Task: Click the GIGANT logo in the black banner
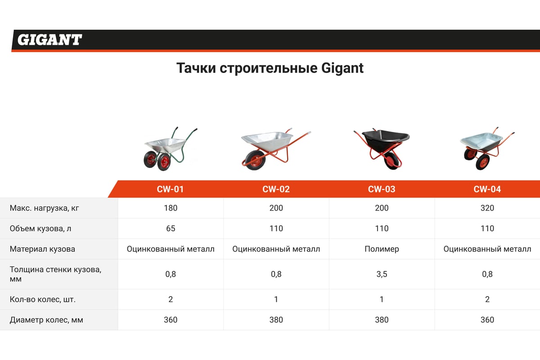tap(49, 40)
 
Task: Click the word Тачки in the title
tap(196, 68)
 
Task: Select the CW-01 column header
tap(170, 189)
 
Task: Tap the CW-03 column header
tap(382, 189)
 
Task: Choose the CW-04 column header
tap(487, 189)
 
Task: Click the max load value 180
tap(171, 208)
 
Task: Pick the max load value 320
tap(487, 208)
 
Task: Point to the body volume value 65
tap(171, 228)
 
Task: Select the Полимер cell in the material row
tap(382, 249)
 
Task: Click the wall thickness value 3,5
tap(382, 274)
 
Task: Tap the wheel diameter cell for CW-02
tap(276, 320)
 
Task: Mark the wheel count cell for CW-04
tap(487, 299)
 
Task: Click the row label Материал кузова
tap(42, 249)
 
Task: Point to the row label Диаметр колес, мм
tap(46, 320)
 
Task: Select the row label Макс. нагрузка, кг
tap(45, 208)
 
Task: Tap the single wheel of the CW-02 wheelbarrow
tap(255, 160)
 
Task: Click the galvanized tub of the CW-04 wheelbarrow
tap(481, 141)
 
